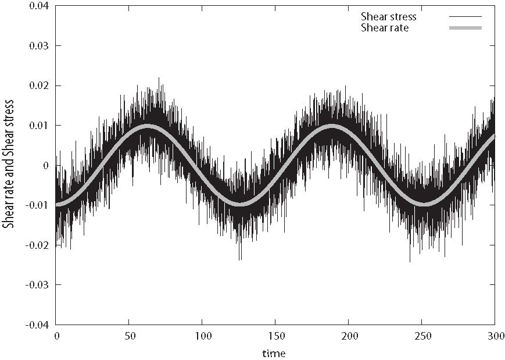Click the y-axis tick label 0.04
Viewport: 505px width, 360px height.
[x=38, y=6]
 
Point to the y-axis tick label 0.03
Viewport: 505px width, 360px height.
[x=38, y=45]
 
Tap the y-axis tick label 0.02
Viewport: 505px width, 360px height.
[x=38, y=85]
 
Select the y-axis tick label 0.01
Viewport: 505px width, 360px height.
[x=38, y=125]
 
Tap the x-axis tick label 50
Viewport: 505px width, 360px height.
[x=129, y=337]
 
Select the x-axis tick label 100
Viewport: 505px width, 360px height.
[x=202, y=337]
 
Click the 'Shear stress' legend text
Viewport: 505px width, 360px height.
[x=389, y=17]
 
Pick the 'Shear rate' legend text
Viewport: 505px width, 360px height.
[x=385, y=27]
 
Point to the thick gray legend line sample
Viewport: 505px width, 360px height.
[x=465, y=27]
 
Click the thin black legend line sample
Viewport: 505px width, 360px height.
[x=465, y=17]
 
